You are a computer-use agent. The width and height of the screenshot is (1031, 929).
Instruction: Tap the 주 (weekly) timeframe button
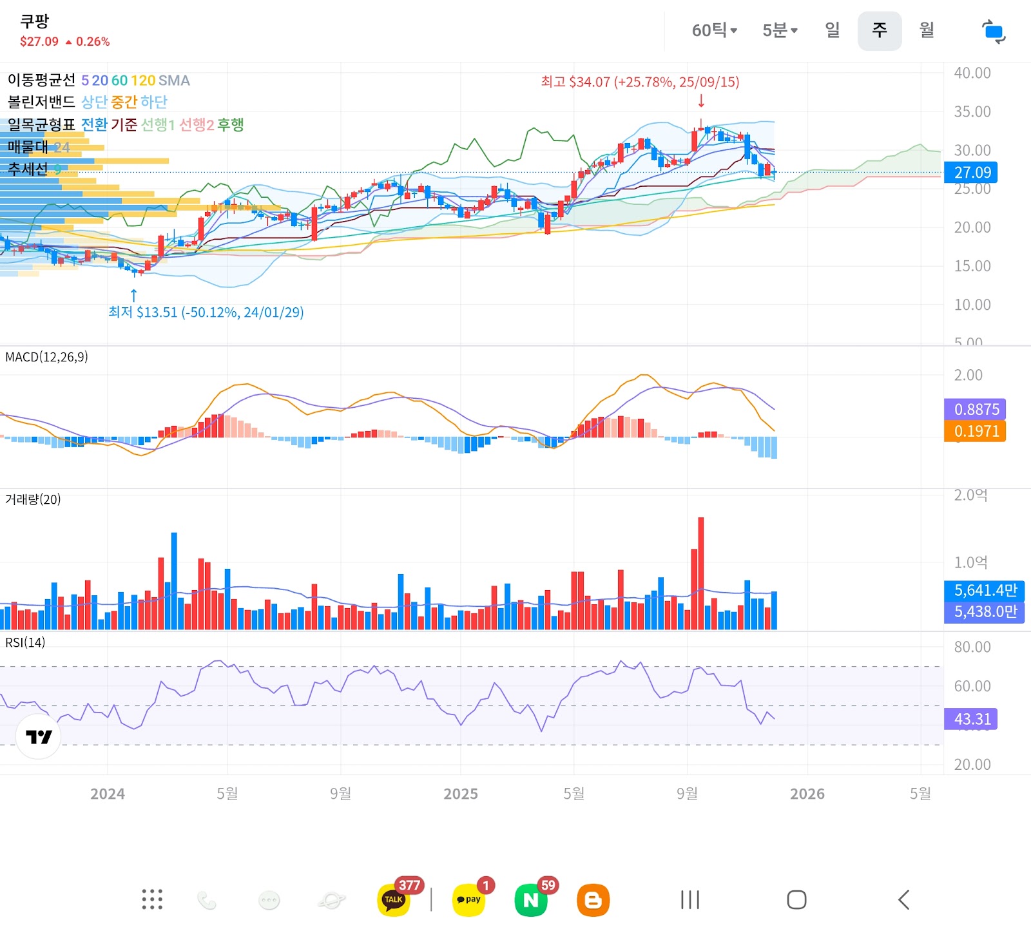[x=879, y=30]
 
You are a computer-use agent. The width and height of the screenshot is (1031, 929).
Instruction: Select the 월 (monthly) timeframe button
[x=926, y=30]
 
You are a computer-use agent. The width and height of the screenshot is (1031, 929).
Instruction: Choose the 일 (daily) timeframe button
[x=832, y=30]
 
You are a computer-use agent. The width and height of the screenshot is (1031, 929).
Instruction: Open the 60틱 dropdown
[x=714, y=30]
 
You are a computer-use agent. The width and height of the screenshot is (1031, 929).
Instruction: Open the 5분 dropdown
[x=780, y=30]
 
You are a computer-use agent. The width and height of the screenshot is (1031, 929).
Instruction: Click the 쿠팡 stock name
[x=35, y=21]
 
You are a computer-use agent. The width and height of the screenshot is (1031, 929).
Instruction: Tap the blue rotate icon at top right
[x=993, y=32]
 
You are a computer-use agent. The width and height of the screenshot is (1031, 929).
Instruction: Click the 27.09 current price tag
[x=972, y=173]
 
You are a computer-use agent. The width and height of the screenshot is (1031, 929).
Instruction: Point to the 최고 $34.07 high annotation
[x=640, y=82]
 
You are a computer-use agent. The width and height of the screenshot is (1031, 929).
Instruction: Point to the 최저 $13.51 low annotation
[x=206, y=312]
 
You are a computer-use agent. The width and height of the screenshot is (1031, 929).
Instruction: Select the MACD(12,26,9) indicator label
[x=47, y=357]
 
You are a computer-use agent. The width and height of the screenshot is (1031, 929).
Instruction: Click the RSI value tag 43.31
[x=972, y=719]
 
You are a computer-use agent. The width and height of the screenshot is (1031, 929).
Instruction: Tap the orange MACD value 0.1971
[x=976, y=432]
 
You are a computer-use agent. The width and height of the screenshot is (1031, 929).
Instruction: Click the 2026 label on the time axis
[x=807, y=794]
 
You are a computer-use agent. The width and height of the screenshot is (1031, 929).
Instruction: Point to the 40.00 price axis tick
[x=972, y=73]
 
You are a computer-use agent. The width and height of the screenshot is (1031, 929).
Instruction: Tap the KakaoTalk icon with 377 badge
[x=394, y=899]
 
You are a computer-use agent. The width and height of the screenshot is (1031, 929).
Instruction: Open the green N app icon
[x=531, y=900]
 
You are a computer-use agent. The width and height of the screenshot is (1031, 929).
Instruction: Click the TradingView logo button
[x=39, y=736]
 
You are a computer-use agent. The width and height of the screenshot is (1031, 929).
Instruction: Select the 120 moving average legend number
[x=143, y=81]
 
